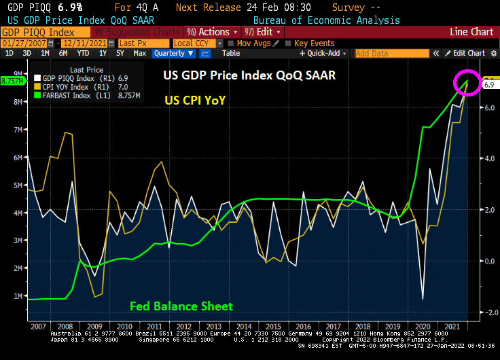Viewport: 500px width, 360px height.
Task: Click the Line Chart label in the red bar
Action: coord(471,32)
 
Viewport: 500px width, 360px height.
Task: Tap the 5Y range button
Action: coord(120,53)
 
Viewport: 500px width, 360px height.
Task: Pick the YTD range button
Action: coord(84,53)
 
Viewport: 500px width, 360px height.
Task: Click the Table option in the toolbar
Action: coord(231,53)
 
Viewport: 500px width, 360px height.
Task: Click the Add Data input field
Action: coord(380,53)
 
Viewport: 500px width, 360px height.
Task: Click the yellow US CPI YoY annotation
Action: coord(196,100)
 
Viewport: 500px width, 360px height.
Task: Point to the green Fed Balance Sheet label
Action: coord(181,306)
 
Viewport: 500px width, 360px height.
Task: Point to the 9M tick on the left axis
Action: coord(17,73)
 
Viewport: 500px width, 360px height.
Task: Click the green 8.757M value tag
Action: coord(13,81)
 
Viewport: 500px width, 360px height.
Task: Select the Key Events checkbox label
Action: coord(314,43)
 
